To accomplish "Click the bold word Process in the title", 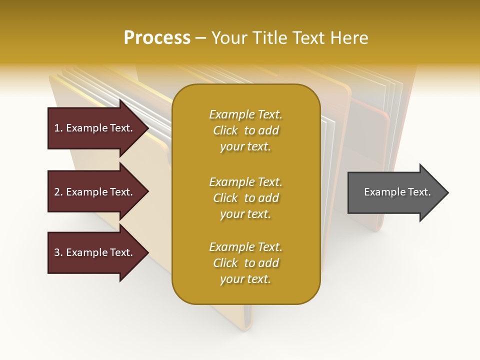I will coord(157,38).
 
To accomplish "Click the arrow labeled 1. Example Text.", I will coord(95,128).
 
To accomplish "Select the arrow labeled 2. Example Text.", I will coord(95,192).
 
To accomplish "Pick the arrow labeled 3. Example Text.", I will coord(95,252).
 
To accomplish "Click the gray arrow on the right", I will coord(395,192).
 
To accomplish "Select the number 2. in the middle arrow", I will coord(58,192).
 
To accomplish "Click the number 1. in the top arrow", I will coord(58,128).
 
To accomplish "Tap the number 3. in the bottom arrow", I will coord(58,252).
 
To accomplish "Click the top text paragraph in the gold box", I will coord(245,130).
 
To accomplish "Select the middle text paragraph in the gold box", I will coord(245,198).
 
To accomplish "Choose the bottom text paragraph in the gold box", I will coord(245,263).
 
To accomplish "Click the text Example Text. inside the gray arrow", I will coord(397,192).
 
